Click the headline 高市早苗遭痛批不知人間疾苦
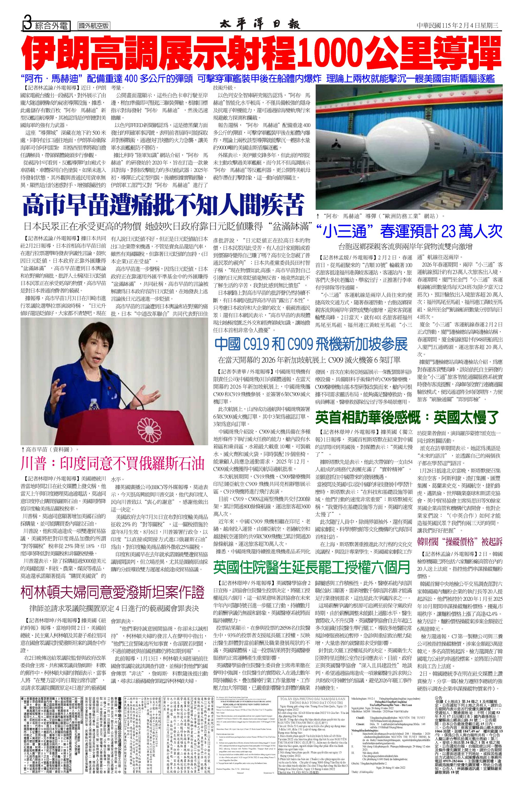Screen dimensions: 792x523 (x=164, y=206)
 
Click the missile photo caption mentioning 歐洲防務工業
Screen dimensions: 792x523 (x=380, y=216)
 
